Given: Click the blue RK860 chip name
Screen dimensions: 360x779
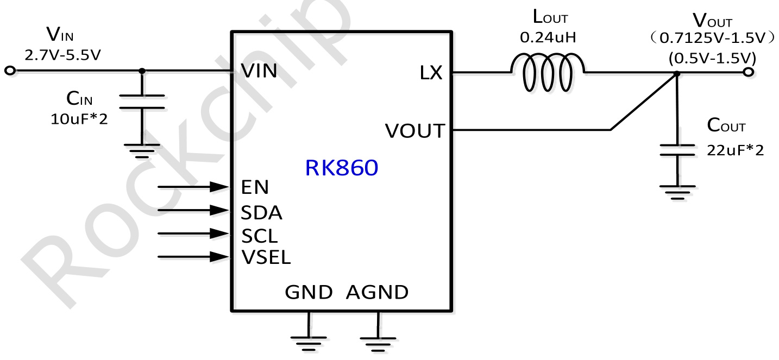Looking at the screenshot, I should tap(341, 168).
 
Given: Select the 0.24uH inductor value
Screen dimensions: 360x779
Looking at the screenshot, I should tap(548, 37).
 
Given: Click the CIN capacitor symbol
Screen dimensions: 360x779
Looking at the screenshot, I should tap(142, 102).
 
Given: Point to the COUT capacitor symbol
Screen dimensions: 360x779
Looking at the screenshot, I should tap(677, 150).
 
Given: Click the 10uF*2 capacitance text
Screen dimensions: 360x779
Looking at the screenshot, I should tap(79, 119).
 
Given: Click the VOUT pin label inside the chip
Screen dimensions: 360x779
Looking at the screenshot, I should tap(414, 131).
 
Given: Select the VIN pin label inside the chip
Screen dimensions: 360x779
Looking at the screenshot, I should tap(259, 71).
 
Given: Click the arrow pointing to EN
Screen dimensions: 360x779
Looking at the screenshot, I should tap(193, 187).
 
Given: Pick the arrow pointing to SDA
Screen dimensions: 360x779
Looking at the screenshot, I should tap(193, 210).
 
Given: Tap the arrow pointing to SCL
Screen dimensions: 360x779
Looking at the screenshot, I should tap(193, 233).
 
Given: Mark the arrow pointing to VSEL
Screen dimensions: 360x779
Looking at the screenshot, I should tap(193, 256).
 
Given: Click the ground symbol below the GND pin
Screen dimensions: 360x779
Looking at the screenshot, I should tap(309, 339).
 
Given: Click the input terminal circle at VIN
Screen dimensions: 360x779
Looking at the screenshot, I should tap(9, 71).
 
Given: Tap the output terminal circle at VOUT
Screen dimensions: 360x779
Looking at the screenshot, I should tap(749, 72).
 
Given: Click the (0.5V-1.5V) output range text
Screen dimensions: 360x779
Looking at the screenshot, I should tap(713, 57).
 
